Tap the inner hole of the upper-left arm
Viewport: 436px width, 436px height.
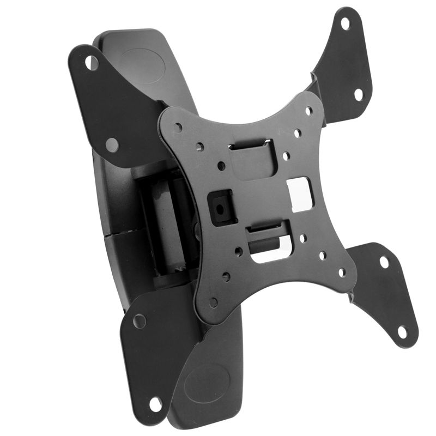click(112, 145)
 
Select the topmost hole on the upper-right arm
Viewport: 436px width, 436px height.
click(345, 23)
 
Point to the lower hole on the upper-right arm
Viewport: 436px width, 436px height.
click(359, 94)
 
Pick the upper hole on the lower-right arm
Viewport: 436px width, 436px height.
click(384, 262)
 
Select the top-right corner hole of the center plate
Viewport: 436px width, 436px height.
click(310, 111)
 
